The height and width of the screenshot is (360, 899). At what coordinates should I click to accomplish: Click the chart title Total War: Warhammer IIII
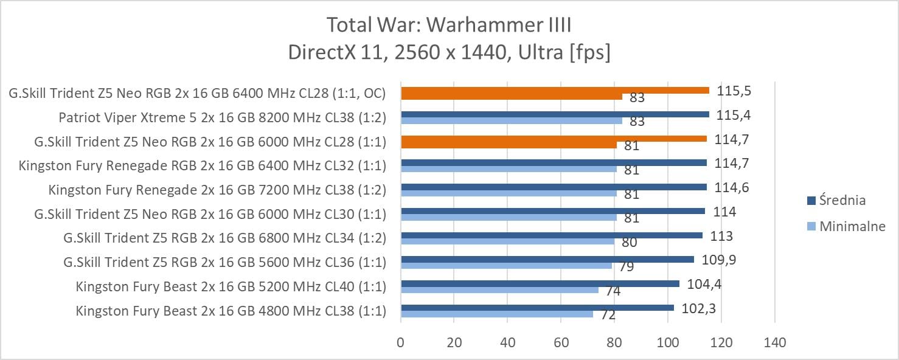[x=449, y=26]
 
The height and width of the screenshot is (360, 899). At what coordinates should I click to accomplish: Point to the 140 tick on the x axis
[x=774, y=342]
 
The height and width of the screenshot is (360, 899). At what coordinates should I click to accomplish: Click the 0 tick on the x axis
[x=400, y=342]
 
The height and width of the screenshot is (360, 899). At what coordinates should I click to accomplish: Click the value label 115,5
[x=733, y=89]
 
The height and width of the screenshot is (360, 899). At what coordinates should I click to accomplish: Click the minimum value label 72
[x=608, y=315]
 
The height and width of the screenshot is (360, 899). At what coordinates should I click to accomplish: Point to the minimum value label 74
[x=613, y=291]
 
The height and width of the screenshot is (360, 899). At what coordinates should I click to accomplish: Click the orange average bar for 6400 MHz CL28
[x=554, y=90]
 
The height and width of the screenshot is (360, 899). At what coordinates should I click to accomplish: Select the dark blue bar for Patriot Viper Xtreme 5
[x=554, y=114]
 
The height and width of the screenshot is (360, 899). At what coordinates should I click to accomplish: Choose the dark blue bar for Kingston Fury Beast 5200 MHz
[x=540, y=283]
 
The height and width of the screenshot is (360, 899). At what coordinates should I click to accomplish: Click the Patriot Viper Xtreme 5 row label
[x=222, y=117]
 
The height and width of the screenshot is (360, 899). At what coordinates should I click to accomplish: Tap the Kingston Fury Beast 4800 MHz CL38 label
[x=231, y=311]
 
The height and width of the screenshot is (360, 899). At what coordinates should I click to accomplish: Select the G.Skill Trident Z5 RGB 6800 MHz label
[x=224, y=238]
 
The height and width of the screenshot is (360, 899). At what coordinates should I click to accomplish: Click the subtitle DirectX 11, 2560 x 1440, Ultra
[x=449, y=52]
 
